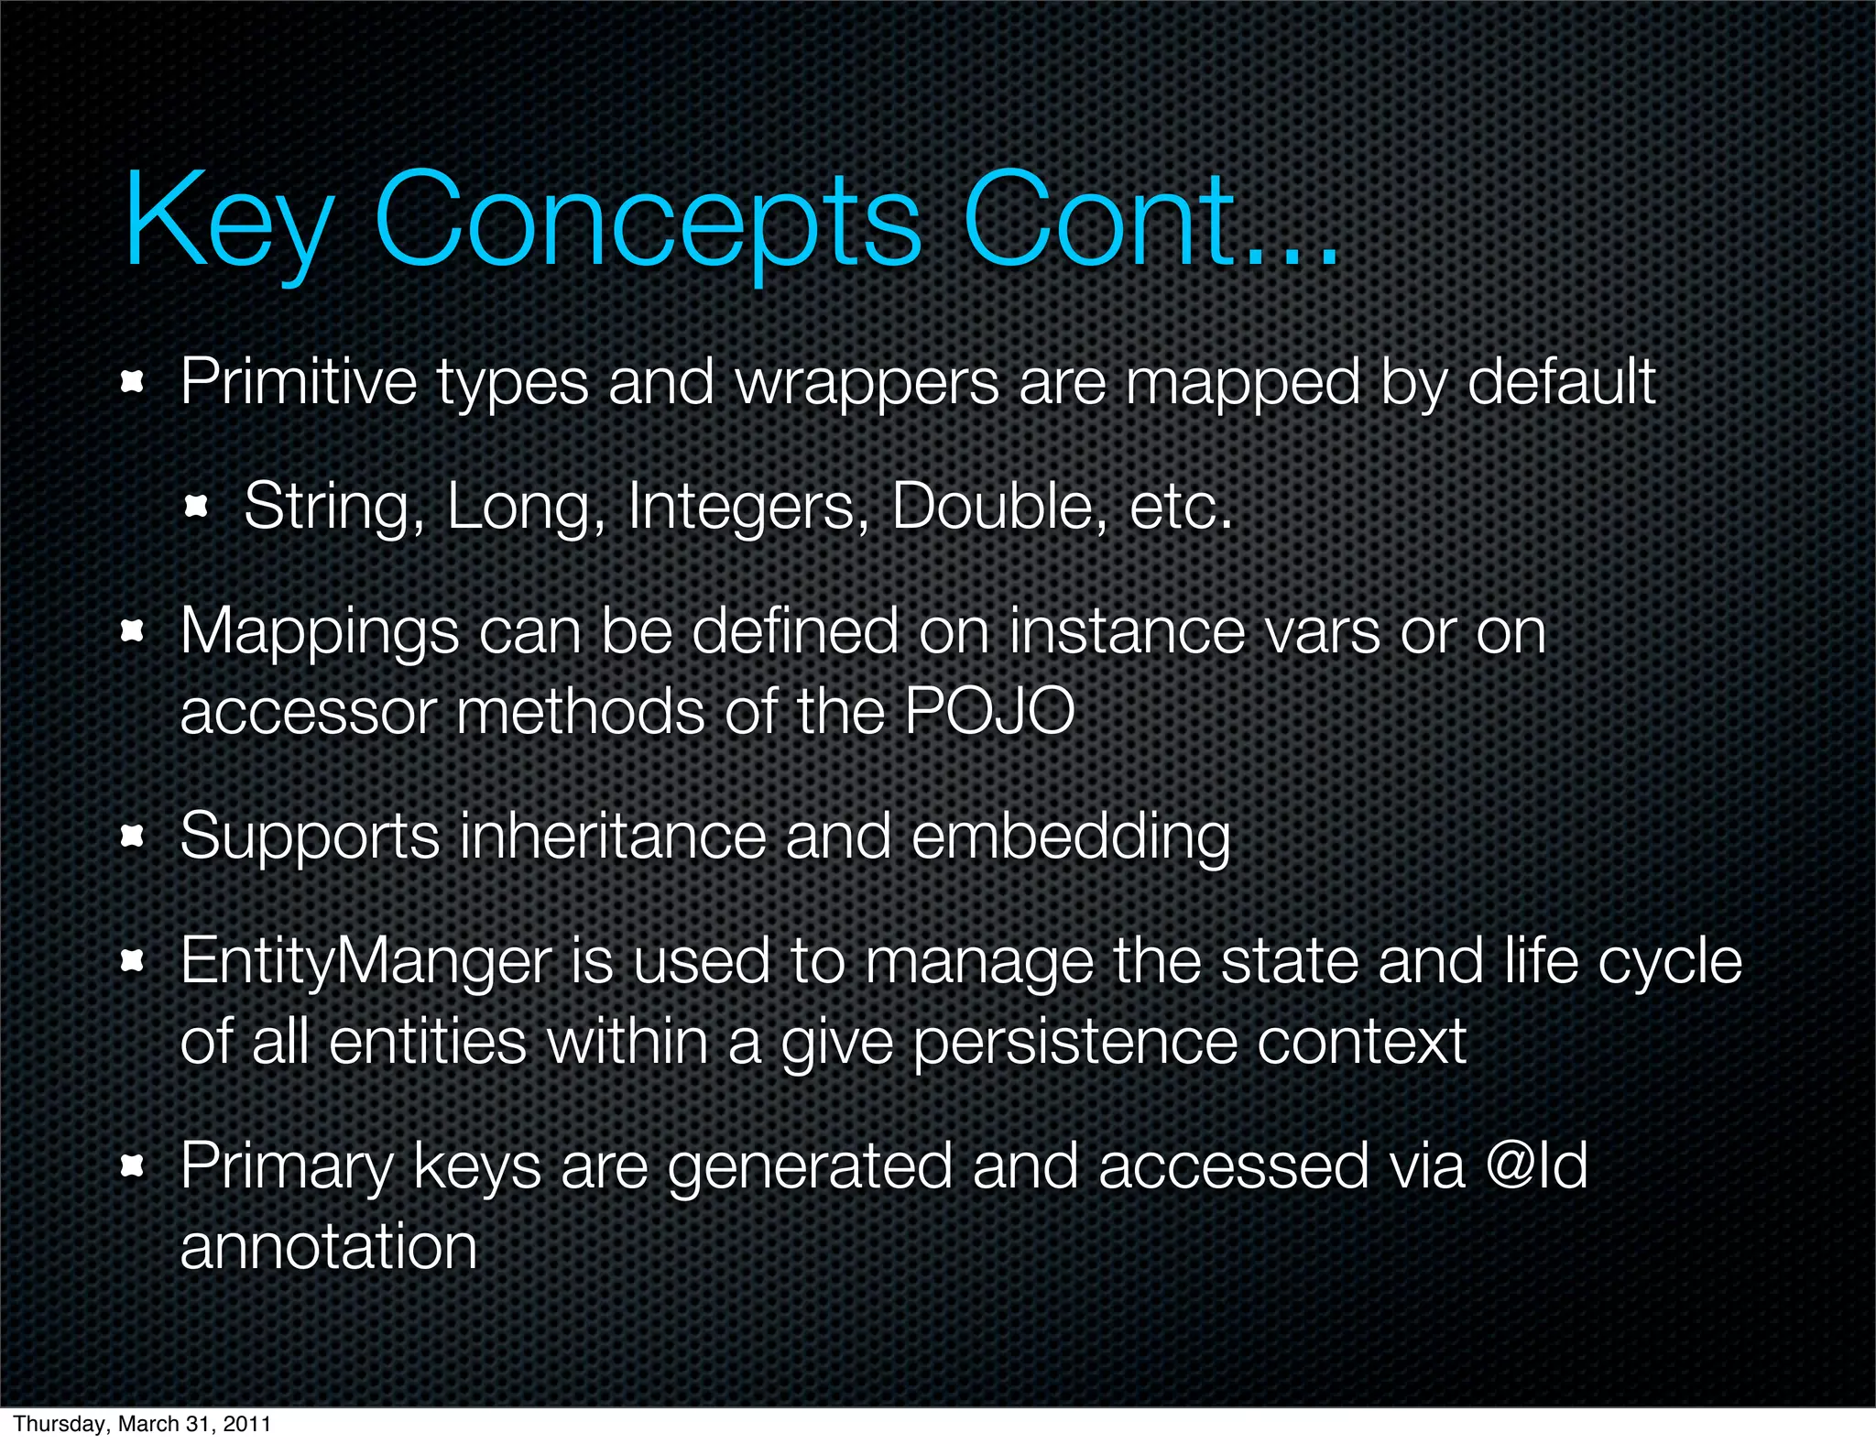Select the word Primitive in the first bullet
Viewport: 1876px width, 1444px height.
298,381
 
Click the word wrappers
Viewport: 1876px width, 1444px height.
867,383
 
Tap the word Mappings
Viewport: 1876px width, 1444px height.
319,632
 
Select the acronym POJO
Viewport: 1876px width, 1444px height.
989,711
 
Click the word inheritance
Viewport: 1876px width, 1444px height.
612,836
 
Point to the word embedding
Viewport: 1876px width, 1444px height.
1071,837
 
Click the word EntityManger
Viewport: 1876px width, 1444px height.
366,961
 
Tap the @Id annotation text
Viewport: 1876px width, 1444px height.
1536,1165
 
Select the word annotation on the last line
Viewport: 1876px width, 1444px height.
329,1246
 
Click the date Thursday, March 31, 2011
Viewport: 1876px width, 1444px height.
142,1423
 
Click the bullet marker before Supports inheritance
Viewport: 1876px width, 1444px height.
134,836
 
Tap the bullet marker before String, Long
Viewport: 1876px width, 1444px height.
197,506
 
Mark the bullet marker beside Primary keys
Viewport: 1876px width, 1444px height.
134,1165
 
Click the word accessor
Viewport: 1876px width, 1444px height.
308,712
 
